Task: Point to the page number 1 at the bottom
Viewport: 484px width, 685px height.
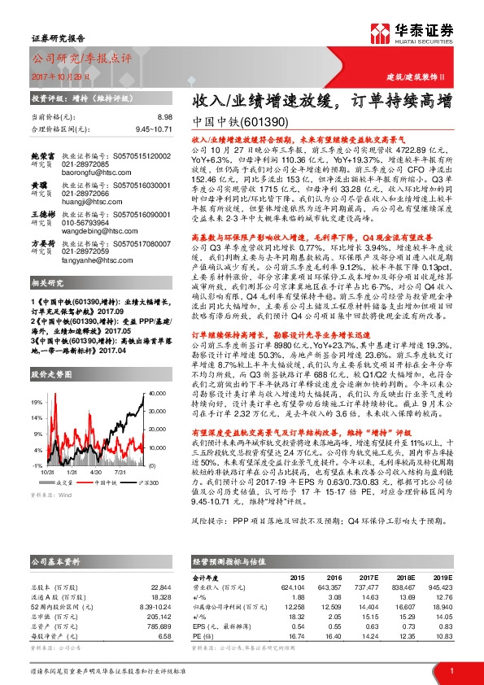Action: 451,670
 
